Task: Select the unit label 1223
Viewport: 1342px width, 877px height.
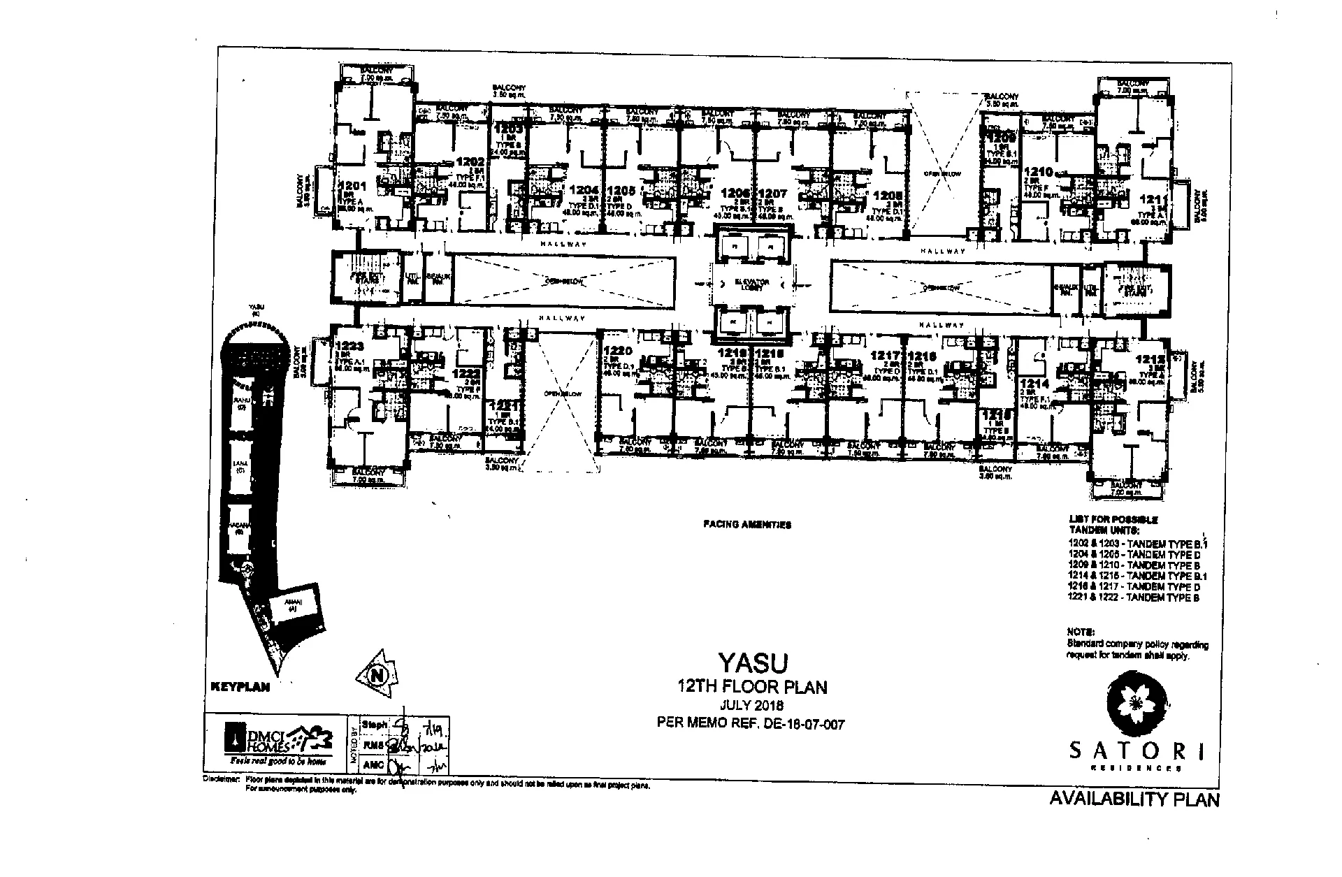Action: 350,345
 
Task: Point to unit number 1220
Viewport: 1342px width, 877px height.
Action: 618,351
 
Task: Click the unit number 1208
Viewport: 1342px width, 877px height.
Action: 886,197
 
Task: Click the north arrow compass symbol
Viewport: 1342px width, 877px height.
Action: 377,675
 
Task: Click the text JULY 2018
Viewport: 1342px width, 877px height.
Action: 751,705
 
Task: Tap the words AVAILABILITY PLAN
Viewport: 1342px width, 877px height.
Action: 1134,799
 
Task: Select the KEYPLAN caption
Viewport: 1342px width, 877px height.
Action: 240,687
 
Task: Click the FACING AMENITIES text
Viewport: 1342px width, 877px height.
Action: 747,524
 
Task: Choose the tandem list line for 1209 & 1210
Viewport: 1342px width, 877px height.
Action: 1133,564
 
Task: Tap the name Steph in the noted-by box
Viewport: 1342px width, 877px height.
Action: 375,725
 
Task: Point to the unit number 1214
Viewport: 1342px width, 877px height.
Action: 1031,384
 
